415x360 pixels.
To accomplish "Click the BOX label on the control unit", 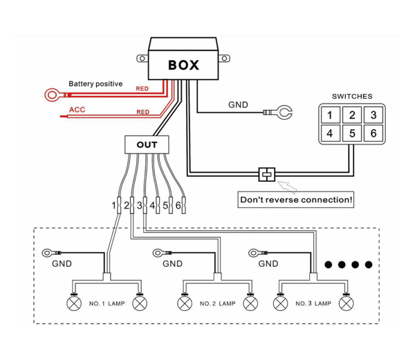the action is [183, 65].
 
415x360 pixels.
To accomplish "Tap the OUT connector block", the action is [147, 144].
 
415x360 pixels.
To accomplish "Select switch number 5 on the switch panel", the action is [352, 133].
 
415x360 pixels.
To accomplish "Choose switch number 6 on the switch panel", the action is [373, 133].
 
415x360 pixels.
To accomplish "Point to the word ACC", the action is [77, 109].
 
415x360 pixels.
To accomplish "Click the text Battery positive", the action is [95, 84].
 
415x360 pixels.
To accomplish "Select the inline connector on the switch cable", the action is [267, 174].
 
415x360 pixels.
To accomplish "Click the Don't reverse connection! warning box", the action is [296, 200].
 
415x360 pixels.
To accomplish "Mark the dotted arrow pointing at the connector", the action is [287, 186].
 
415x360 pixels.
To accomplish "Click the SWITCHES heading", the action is [352, 96].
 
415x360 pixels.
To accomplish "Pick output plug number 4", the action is [158, 205].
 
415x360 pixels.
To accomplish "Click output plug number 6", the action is [184, 205].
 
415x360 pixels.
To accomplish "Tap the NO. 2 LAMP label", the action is [218, 303].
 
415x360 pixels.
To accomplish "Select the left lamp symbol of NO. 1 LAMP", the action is [74, 303].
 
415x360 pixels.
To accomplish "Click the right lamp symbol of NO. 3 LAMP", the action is [347, 303].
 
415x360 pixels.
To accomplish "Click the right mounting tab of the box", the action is [224, 58].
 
